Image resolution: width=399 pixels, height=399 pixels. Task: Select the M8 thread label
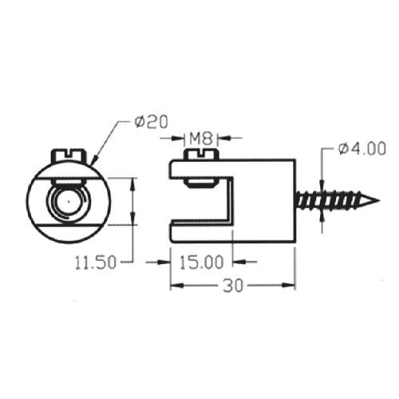200,138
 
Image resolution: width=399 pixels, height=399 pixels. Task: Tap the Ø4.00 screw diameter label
361,148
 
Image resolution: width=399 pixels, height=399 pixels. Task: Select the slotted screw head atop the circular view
68,154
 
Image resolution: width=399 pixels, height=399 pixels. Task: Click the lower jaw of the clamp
199,233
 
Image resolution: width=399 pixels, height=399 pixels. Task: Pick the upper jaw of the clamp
199,168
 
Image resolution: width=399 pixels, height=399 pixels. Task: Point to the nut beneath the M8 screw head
200,181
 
